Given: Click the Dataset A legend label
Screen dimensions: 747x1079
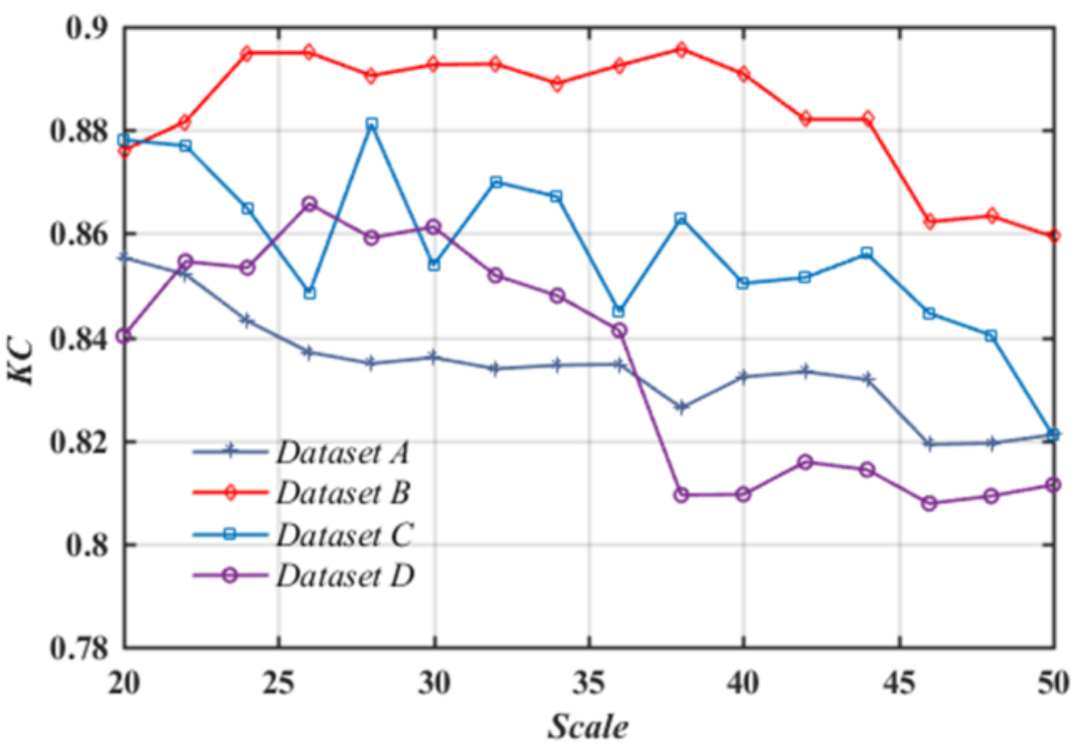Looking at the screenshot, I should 343,452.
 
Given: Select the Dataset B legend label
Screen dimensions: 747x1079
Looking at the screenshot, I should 343,493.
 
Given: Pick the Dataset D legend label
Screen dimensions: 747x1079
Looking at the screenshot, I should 345,576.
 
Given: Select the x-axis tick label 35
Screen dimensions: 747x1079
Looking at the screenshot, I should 588,683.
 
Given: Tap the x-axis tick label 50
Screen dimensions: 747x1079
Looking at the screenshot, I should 1052,683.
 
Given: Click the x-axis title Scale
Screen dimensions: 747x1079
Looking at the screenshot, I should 588,726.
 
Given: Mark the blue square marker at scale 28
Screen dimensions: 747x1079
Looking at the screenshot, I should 372,123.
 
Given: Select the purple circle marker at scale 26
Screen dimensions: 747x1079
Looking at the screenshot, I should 310,204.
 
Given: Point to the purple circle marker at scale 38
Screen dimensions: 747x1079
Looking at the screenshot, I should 682,494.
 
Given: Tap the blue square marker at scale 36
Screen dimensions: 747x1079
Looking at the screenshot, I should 618,311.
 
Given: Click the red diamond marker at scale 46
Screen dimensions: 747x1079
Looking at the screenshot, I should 930,221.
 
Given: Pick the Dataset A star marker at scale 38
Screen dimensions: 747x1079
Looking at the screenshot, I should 682,407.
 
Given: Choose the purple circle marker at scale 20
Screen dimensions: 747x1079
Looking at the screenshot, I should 124,336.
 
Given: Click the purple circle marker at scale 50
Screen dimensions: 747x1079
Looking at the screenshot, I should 1052,484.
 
